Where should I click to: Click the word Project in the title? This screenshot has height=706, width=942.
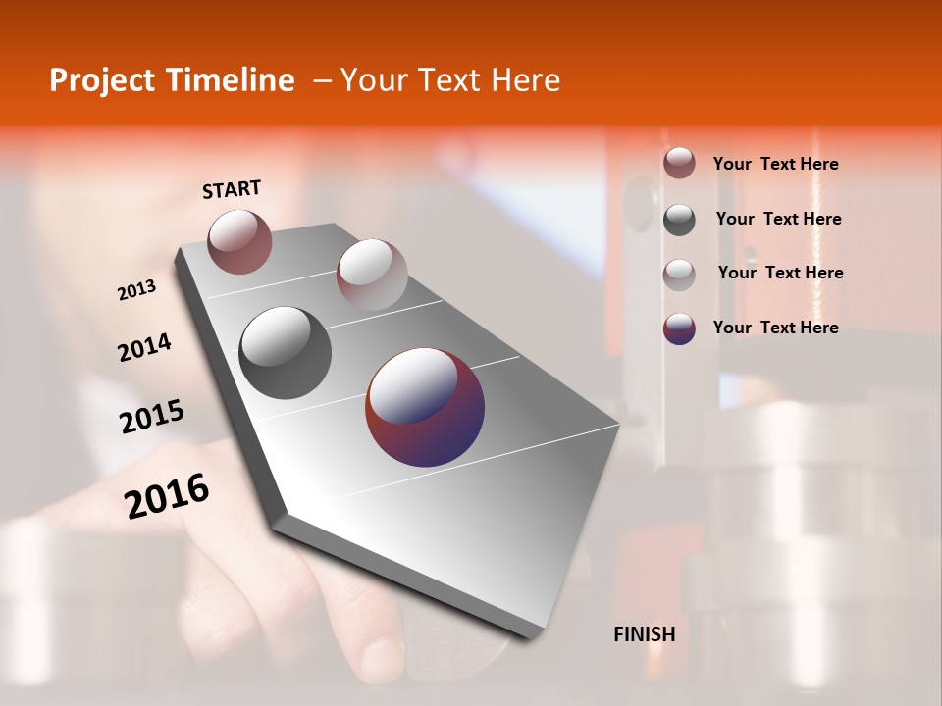[x=97, y=80]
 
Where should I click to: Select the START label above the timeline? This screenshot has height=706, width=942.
[x=232, y=189]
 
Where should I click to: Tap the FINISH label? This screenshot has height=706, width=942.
[x=644, y=634]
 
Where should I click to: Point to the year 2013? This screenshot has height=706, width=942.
[x=136, y=290]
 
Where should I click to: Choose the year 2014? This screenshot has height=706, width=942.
[x=144, y=348]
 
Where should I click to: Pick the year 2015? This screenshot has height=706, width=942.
[x=152, y=417]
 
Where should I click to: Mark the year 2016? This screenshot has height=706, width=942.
[x=167, y=496]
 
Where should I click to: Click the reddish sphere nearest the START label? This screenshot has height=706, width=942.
[x=239, y=241]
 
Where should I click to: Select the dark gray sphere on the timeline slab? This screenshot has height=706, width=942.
[x=285, y=352]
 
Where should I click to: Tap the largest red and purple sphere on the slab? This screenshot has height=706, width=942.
[x=425, y=407]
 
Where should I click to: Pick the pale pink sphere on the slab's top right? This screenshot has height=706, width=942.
[x=372, y=274]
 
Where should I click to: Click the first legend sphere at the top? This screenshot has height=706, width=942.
[x=679, y=163]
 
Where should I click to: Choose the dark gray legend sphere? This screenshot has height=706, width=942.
[x=679, y=220]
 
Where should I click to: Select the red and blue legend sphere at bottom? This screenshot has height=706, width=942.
[x=679, y=328]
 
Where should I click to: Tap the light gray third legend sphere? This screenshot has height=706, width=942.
[x=679, y=275]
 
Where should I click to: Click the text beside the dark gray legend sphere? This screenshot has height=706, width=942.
[x=778, y=219]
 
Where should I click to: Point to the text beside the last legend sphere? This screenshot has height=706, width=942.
[x=775, y=328]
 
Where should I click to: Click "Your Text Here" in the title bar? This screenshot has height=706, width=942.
[x=450, y=80]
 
